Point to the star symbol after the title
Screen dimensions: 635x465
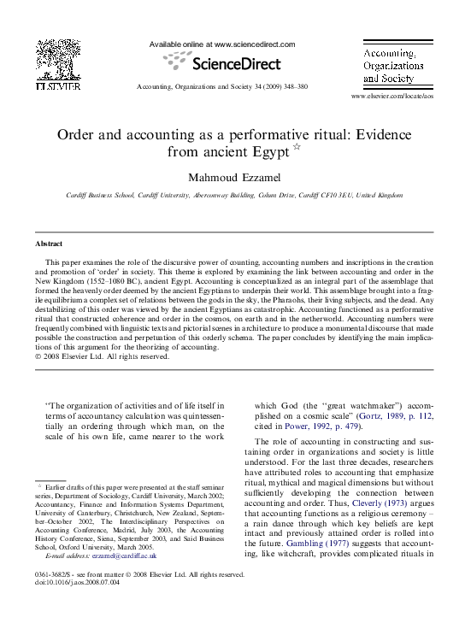pyautogui.click(x=297, y=147)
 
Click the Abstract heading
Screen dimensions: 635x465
pyautogui.click(x=49, y=244)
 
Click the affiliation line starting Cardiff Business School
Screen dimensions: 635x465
pyautogui.click(x=222, y=196)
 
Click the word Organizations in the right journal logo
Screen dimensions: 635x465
pyautogui.click(x=391, y=65)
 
